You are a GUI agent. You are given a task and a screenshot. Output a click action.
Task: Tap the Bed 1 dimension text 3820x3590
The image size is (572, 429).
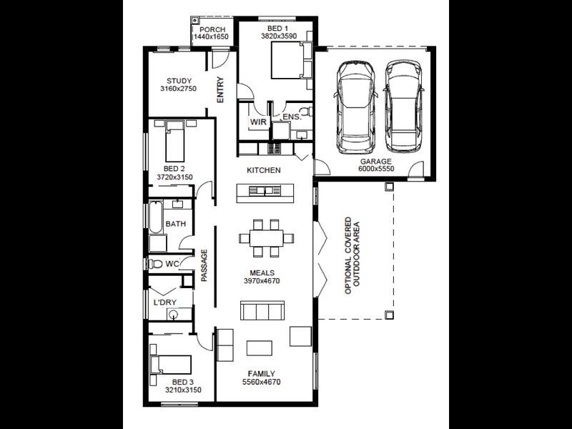278,36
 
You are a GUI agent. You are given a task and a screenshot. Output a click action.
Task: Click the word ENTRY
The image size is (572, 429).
220,91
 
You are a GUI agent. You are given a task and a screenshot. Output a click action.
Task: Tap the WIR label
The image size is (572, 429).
257,122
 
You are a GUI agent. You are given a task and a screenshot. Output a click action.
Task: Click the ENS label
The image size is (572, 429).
290,117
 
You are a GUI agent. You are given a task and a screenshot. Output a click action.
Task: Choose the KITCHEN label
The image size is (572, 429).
263,170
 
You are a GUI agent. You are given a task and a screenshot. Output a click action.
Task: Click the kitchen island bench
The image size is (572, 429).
265,191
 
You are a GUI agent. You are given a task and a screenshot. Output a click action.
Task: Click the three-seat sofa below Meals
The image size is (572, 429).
263,311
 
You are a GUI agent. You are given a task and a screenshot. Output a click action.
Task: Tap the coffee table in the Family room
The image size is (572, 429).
260,348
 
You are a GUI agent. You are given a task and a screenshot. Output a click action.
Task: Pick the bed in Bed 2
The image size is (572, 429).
175,141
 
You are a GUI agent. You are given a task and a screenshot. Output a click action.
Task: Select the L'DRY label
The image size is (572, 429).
165,302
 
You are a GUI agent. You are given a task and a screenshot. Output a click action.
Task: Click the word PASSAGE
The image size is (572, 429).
204,265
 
